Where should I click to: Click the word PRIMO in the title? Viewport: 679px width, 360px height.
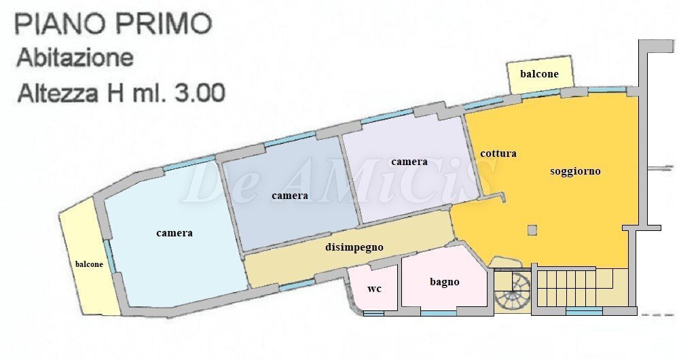coord(162,24)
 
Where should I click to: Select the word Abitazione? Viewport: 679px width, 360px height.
coord(75,57)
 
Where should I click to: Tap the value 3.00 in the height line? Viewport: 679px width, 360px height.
coord(197,92)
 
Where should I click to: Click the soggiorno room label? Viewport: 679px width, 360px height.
coord(575,171)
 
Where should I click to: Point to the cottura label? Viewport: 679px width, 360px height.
coord(498,154)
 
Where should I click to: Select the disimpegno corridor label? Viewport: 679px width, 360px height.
coord(354,248)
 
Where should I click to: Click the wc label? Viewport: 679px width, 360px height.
coord(374,289)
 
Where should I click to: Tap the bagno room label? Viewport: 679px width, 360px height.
coord(445,282)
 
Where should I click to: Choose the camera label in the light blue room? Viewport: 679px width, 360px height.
coord(175,233)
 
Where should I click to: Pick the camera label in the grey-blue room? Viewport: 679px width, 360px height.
coord(290,196)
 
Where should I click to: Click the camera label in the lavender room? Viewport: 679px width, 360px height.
coord(409,162)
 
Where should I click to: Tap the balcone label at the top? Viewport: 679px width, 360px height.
coord(539,74)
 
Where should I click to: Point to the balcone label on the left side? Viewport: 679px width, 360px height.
coord(89,264)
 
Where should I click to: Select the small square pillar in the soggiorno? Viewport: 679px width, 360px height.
coord(532,230)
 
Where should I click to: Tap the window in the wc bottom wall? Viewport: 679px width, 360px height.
coord(373,312)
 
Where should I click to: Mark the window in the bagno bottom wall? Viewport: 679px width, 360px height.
coord(438,312)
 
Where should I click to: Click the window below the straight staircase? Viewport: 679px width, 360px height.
coord(583,311)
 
